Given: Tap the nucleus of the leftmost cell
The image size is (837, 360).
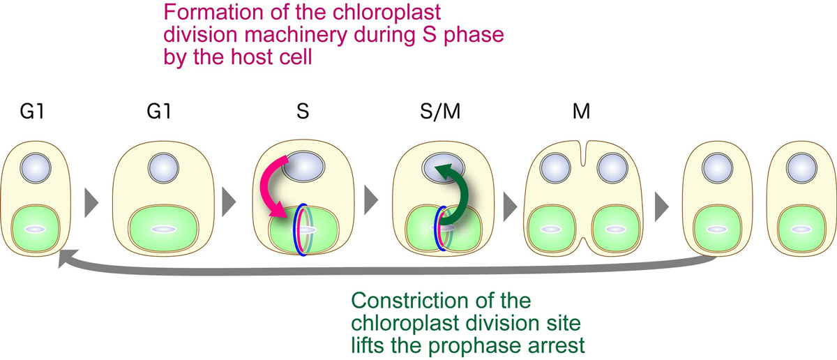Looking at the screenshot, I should point(33,167).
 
